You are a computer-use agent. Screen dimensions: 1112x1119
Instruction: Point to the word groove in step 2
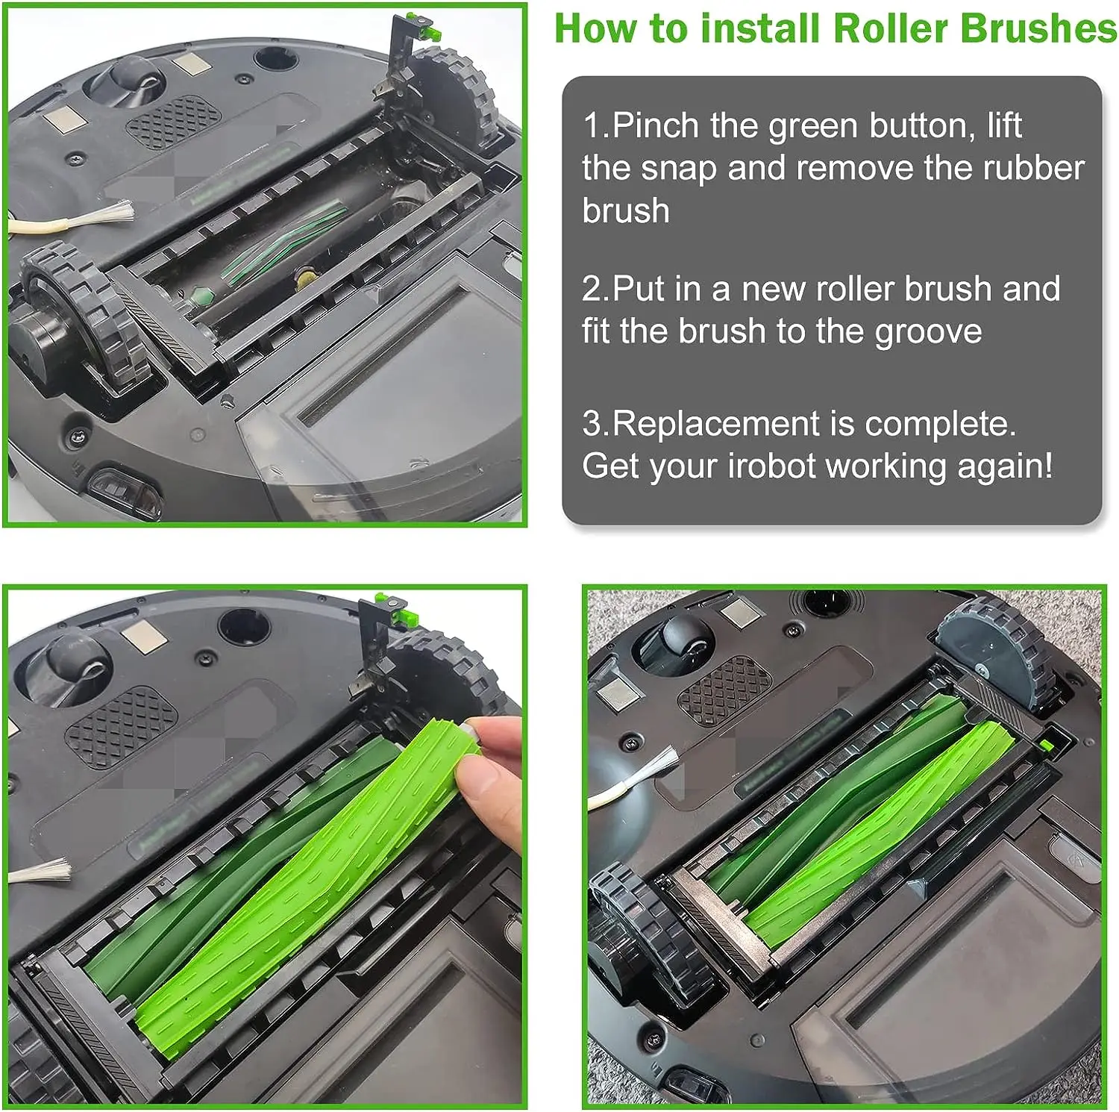point(928,331)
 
